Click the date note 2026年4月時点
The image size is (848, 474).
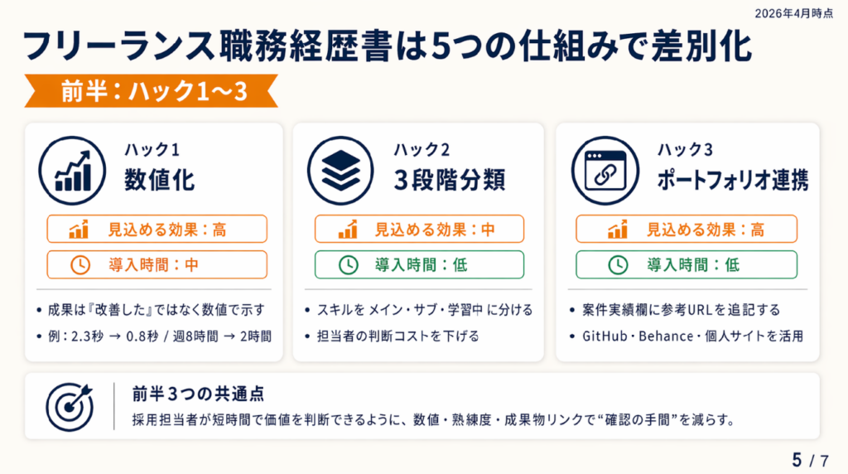(794, 13)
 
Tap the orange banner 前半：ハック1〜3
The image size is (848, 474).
(152, 91)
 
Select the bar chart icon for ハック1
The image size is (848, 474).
(72, 171)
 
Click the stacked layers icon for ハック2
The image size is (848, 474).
(340, 171)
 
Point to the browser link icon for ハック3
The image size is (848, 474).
(605, 171)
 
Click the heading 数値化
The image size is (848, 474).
(159, 180)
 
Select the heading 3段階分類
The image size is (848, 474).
(450, 180)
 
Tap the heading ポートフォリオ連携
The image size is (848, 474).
(733, 180)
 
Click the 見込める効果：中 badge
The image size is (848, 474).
(419, 229)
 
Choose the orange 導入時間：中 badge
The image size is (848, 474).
(157, 264)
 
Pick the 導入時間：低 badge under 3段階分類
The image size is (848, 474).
(419, 264)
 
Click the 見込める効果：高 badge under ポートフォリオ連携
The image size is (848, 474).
(687, 229)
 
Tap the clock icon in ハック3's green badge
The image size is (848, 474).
(618, 265)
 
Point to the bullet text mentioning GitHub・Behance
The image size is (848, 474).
(692, 336)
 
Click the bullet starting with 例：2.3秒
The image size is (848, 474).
(160, 336)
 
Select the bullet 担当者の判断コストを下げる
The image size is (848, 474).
(398, 336)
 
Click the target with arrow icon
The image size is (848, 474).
(70, 407)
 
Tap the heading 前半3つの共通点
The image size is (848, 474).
(198, 394)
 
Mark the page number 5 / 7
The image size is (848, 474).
(810, 460)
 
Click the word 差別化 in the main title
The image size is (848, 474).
(701, 46)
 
